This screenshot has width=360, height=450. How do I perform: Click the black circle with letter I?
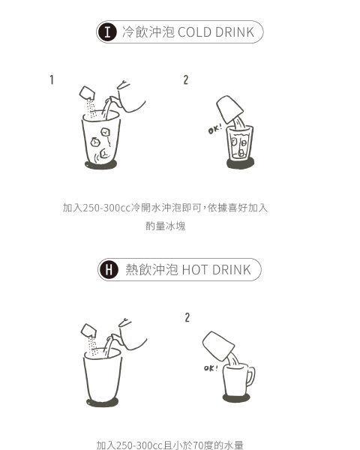(108, 31)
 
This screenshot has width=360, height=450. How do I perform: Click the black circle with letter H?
(109, 270)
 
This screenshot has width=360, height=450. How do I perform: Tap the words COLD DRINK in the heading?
(216, 32)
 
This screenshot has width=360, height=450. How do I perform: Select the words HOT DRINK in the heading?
(217, 270)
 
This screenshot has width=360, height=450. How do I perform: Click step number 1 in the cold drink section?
(52, 79)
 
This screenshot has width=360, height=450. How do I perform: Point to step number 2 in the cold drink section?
(186, 79)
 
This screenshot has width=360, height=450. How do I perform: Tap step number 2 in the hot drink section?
(187, 318)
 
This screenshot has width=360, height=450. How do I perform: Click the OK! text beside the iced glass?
(215, 129)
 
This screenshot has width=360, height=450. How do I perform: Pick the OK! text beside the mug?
(211, 368)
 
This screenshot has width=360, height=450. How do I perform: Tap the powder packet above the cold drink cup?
(87, 92)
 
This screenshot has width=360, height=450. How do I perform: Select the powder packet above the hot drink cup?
(88, 330)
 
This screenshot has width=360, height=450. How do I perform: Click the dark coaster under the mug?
(236, 398)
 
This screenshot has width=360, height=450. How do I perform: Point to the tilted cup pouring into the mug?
(218, 346)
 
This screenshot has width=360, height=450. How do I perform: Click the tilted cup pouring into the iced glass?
(229, 109)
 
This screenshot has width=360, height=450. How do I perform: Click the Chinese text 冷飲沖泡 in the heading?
(148, 31)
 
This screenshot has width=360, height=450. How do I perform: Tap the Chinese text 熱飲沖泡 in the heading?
(151, 270)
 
